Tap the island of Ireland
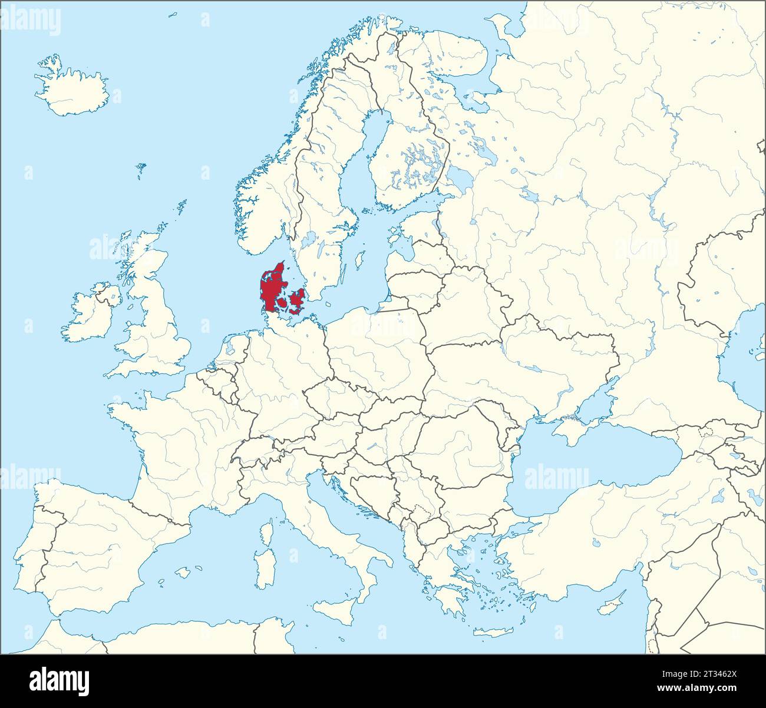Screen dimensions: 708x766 point(88,315)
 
